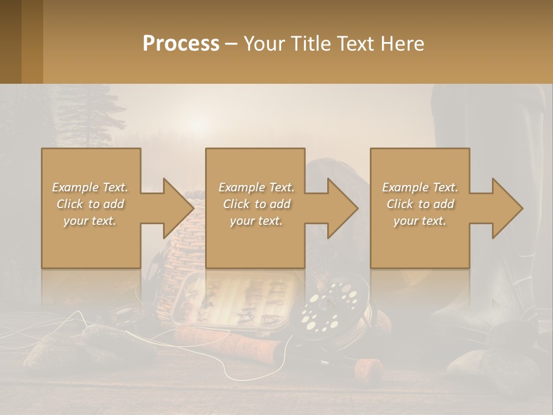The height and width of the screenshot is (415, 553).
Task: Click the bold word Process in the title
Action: pos(181,43)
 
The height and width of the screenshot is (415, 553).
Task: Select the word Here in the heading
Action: pos(403,43)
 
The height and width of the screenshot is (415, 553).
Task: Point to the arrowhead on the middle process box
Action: pos(341,208)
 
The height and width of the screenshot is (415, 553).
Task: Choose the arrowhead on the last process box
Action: pos(506,208)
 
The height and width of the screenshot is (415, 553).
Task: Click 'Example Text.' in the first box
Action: pos(90,187)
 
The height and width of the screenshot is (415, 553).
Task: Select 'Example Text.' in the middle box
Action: pos(256,187)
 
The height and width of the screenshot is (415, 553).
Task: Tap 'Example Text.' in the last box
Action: pos(420,187)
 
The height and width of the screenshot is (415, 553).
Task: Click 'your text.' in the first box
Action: pos(90,221)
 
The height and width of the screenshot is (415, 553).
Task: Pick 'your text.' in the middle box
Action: pos(256,221)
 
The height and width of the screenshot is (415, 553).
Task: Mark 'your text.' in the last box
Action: pos(420,221)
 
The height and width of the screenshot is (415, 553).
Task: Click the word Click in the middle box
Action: pos(237,204)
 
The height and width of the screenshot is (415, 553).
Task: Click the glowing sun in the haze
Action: pos(198,123)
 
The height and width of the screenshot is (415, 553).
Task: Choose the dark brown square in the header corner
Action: pos(10,41)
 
